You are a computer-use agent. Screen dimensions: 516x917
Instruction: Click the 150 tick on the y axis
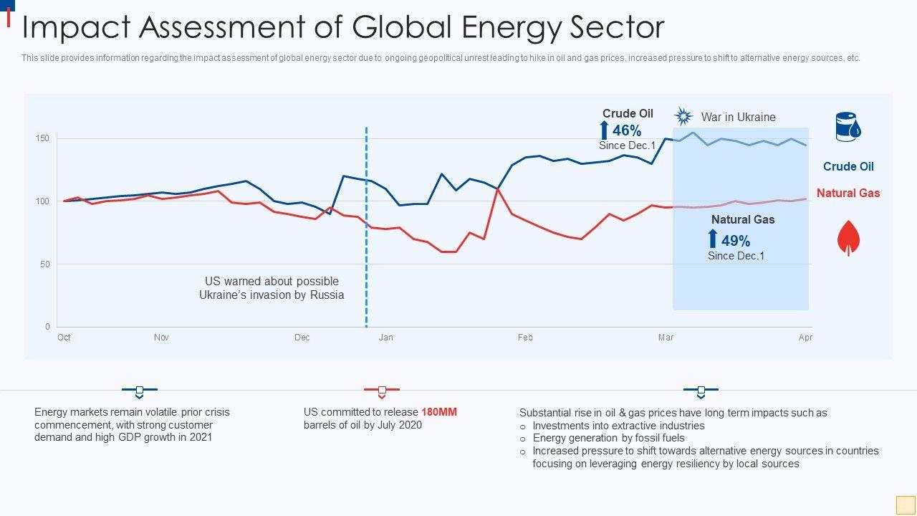[x=43, y=138]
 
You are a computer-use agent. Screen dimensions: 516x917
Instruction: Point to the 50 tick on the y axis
[x=45, y=264]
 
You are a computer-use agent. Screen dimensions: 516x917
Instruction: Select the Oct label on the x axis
[x=64, y=338]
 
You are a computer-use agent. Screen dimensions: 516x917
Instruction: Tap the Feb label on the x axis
[x=525, y=338]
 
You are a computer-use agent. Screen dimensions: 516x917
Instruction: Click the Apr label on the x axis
[x=805, y=338]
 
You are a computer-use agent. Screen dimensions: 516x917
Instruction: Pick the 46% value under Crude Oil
[x=627, y=130]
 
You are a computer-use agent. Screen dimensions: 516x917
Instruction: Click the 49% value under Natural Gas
[x=736, y=241]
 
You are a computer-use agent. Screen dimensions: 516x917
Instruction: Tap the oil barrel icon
[x=848, y=127]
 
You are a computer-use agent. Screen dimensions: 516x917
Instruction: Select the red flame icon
[x=848, y=238]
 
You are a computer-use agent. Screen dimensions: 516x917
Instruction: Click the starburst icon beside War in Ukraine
[x=683, y=117]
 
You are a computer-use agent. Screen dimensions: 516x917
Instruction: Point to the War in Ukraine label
[x=738, y=117]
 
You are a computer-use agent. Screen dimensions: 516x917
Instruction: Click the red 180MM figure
[x=438, y=412]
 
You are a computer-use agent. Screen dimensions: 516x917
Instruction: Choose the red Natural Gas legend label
[x=848, y=193]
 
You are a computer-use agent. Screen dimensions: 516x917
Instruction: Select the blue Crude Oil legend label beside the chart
[x=848, y=166]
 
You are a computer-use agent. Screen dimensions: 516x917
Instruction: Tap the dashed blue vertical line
[x=366, y=229]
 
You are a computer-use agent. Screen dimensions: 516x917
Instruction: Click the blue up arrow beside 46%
[x=604, y=130]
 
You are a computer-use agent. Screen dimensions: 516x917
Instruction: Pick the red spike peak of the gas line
[x=497, y=189]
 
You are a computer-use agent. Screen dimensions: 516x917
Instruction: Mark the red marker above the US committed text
[x=382, y=391]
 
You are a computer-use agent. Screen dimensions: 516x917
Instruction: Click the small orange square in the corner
[x=905, y=504]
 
